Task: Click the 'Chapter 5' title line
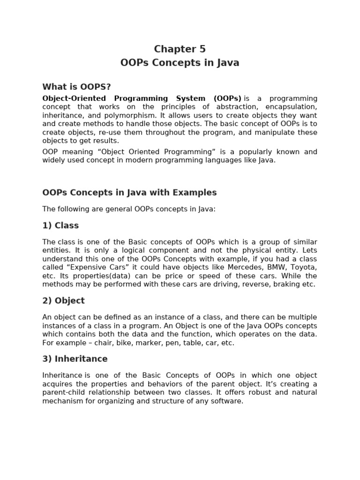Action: point(180,49)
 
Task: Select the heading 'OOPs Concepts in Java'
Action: point(180,63)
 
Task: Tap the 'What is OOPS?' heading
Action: point(76,87)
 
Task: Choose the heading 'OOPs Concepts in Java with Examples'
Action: point(129,193)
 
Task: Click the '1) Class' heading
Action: point(60,225)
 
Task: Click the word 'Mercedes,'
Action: point(232,267)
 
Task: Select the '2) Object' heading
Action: point(63,300)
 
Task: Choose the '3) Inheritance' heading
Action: point(75,359)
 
